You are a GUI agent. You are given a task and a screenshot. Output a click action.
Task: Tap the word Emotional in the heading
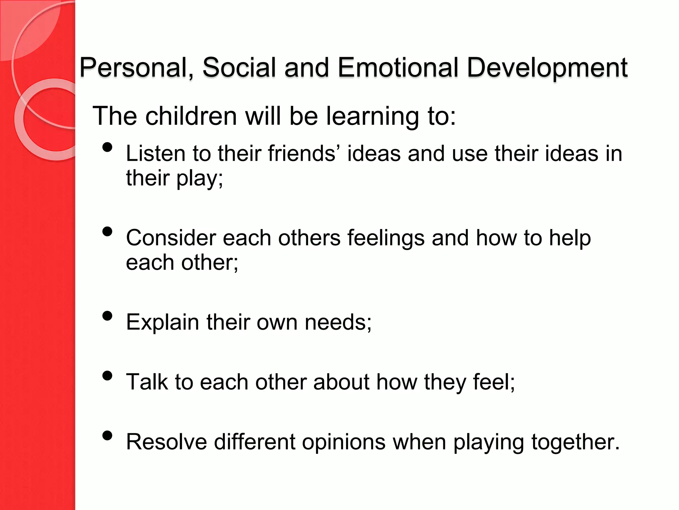click(x=398, y=68)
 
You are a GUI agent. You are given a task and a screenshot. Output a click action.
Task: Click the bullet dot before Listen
click(x=107, y=147)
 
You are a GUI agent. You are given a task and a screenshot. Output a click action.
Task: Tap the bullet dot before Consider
click(x=107, y=231)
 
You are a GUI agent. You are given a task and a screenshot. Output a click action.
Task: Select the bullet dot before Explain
click(x=107, y=316)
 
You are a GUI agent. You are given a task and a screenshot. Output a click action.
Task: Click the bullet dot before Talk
click(x=107, y=376)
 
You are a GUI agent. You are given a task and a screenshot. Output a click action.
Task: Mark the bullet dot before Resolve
click(x=107, y=435)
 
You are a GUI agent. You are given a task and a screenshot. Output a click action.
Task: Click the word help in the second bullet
click(x=570, y=238)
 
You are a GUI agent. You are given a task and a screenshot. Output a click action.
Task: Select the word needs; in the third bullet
click(x=338, y=322)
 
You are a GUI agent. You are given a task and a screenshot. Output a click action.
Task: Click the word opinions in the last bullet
click(x=344, y=443)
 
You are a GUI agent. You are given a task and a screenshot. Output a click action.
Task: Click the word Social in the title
click(x=239, y=68)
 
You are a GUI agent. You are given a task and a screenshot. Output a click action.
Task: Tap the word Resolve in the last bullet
click(x=166, y=442)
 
